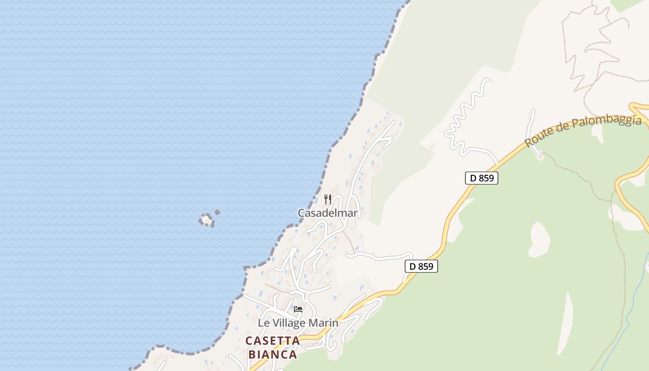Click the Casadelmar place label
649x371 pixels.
(x=327, y=213)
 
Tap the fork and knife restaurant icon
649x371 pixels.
(x=328, y=199)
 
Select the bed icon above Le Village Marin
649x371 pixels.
(x=298, y=309)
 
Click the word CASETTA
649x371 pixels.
(x=273, y=341)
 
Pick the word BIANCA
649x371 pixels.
(x=273, y=355)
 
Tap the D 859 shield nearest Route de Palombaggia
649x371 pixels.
(x=482, y=178)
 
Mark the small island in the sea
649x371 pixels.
(x=207, y=219)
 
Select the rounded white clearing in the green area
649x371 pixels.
(x=539, y=239)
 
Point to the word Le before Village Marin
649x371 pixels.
(x=263, y=323)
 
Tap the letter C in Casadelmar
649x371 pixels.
(x=301, y=213)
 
